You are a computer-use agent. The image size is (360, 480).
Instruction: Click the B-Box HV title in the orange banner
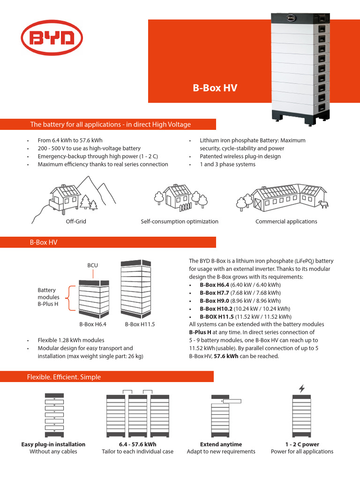click(215, 88)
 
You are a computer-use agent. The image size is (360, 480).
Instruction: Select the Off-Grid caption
click(76, 222)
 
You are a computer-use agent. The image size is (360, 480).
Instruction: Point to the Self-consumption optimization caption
click(180, 222)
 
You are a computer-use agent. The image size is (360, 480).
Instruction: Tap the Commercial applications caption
click(286, 222)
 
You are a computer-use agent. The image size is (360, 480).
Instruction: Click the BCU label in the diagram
click(92, 265)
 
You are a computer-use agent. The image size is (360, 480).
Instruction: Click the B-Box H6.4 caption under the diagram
click(93, 324)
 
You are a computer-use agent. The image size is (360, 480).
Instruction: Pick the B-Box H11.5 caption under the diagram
click(140, 324)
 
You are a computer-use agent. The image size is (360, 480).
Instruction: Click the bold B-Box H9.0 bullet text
click(215, 300)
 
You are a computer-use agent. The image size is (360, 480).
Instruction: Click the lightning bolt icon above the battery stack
click(301, 388)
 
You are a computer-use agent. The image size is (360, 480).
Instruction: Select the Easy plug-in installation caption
click(53, 444)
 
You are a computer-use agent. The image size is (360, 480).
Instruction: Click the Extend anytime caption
click(221, 444)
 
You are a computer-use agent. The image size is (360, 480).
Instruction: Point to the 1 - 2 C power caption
click(302, 444)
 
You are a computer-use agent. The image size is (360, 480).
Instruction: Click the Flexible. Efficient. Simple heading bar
click(64, 377)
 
